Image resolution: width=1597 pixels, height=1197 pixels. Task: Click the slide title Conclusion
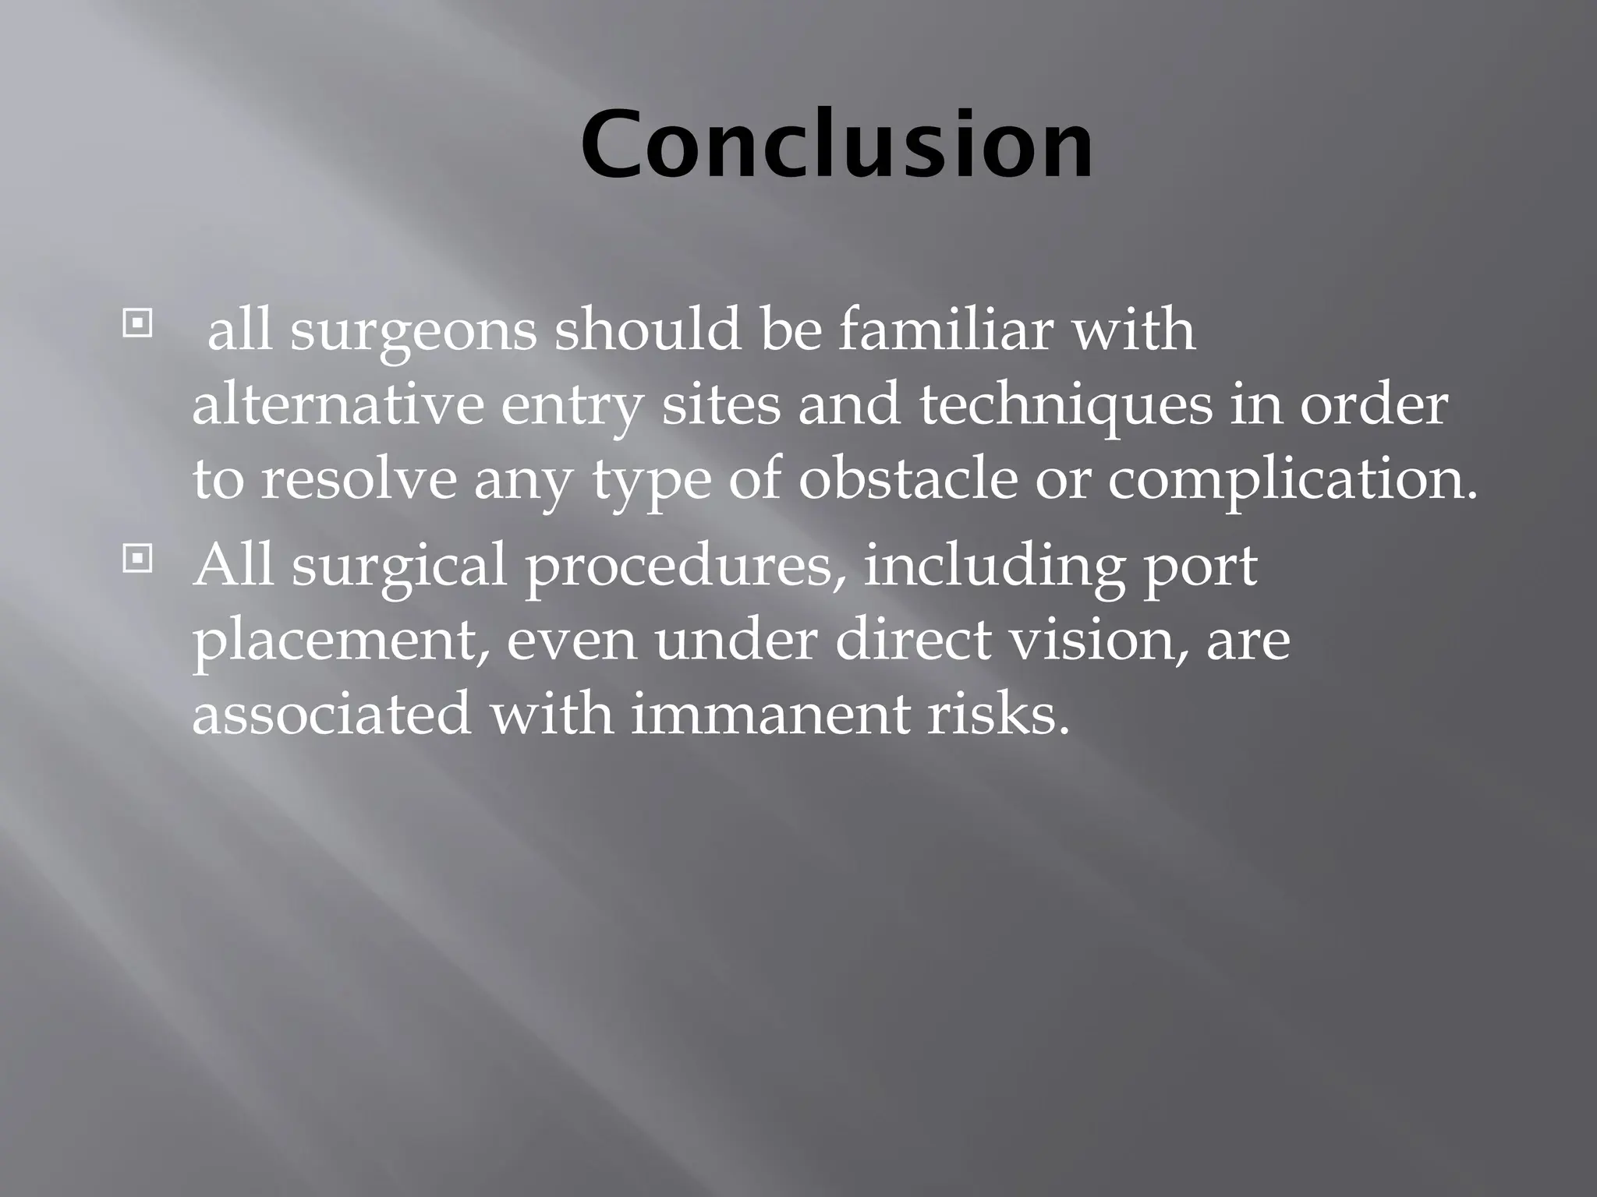837,145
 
